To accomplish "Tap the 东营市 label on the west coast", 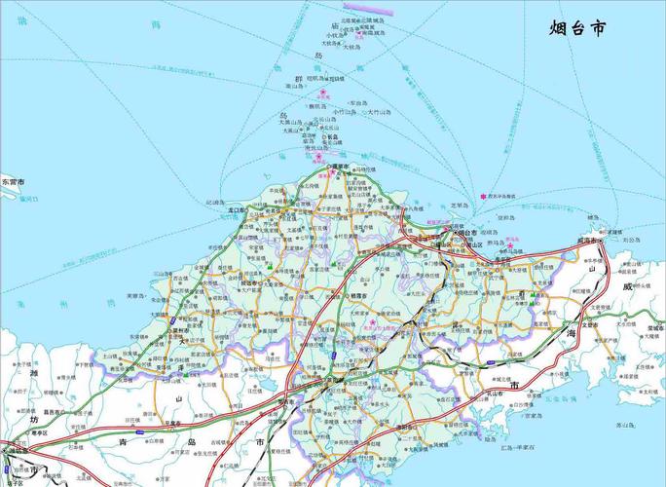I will coord(14,182).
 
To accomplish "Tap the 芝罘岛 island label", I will coord(459,206).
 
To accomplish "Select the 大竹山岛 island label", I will coord(379,113).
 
